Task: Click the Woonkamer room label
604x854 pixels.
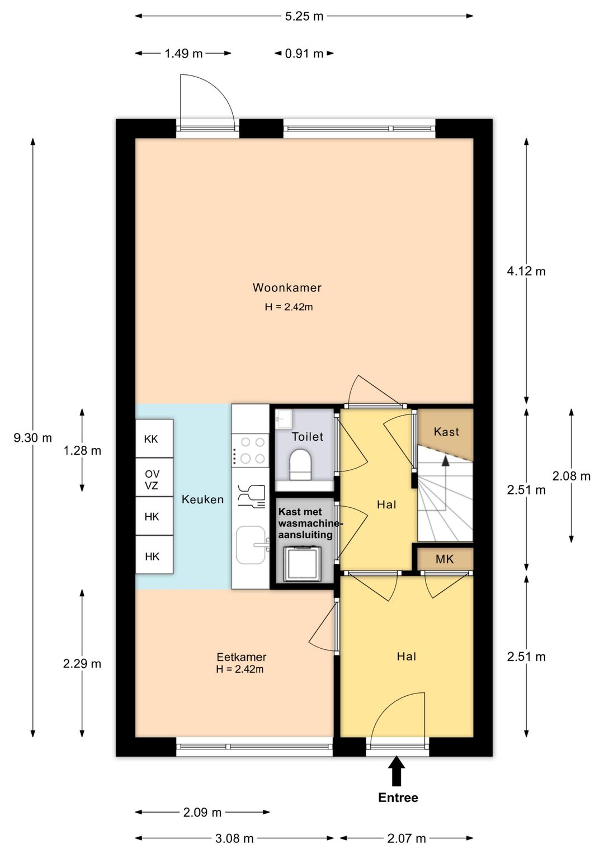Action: (x=287, y=287)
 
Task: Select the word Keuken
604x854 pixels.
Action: (x=202, y=499)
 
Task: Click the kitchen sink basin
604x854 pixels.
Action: (x=251, y=545)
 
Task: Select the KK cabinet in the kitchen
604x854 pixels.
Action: (x=154, y=439)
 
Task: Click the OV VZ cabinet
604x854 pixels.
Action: (x=154, y=477)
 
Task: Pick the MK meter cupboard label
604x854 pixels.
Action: (x=445, y=559)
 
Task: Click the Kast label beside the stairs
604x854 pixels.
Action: (x=446, y=432)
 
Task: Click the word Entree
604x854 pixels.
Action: (x=398, y=798)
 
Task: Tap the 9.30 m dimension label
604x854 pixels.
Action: (x=33, y=438)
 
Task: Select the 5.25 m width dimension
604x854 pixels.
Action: (x=304, y=16)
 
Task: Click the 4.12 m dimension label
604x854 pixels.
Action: (x=526, y=271)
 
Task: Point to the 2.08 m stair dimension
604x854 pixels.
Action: (x=571, y=476)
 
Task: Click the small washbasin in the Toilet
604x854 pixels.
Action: (x=284, y=418)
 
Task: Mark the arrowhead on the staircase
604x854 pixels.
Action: (x=445, y=460)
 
